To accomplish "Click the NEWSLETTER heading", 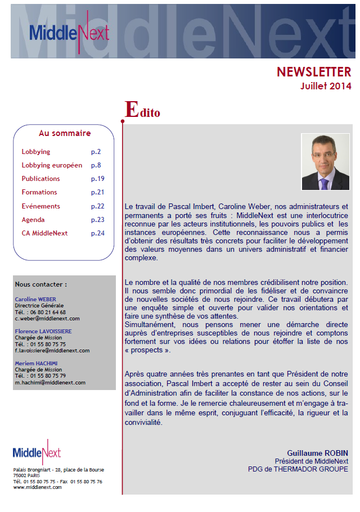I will point(313,72).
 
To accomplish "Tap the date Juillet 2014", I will point(325,86).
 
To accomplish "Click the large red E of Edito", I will point(131,110).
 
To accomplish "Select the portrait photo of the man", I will point(325,162).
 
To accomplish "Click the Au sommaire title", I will point(65,133).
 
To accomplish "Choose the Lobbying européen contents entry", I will point(52,165).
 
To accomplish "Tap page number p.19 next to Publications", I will point(98,179).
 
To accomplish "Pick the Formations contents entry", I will point(39,192).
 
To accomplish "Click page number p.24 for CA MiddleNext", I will point(98,233).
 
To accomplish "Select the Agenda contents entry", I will point(33,220).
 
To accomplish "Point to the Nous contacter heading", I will point(41,284).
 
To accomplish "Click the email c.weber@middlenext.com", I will point(47,318).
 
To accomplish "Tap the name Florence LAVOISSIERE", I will point(47,332).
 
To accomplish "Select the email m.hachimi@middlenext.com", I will point(50,382).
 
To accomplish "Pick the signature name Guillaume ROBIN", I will point(317,453).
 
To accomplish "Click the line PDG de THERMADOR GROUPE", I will point(298,469).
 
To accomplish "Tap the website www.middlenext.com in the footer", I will point(37,487).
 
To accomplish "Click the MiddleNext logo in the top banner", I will point(69,33).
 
